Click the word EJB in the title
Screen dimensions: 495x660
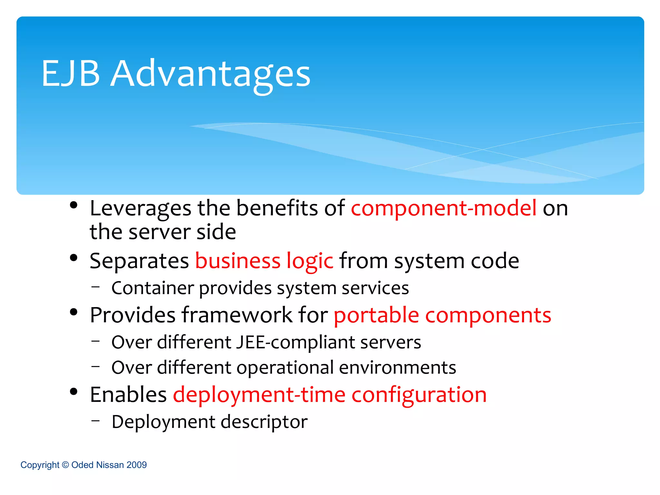[x=71, y=74]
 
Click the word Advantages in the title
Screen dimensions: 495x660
[x=210, y=75]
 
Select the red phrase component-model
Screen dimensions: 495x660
[x=443, y=208]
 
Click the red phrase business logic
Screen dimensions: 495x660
[x=264, y=261]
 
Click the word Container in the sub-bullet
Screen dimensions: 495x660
[x=152, y=288]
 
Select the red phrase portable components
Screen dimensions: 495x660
[x=442, y=315]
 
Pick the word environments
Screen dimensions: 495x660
[x=397, y=368]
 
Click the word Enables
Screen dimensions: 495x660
[x=128, y=395]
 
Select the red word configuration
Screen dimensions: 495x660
[x=419, y=395]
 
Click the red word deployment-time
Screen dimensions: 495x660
[x=259, y=395]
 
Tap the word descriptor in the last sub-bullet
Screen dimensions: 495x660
[x=264, y=422]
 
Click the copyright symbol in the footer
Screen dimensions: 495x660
[x=65, y=465]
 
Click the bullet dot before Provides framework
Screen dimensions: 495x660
[x=74, y=312]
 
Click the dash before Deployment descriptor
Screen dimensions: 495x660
[x=95, y=421]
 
